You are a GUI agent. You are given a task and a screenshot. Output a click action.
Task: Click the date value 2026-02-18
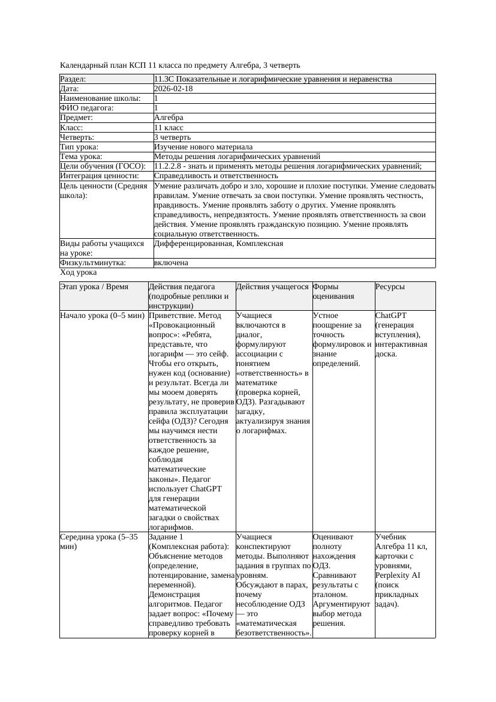(x=173, y=89)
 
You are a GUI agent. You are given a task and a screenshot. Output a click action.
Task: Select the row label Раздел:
(x=73, y=79)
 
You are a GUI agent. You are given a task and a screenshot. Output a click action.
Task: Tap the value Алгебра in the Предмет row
(x=169, y=118)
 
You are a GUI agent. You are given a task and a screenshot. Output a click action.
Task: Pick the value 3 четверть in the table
(x=172, y=137)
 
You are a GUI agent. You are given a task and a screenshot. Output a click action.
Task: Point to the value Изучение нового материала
(x=203, y=147)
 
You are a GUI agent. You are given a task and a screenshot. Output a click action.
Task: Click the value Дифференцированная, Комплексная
(x=218, y=244)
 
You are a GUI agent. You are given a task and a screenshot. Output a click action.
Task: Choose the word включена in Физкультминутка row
(x=171, y=263)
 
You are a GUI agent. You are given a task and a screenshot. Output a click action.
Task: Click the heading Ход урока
(x=79, y=272)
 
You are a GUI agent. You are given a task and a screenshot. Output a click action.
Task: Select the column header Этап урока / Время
(x=94, y=287)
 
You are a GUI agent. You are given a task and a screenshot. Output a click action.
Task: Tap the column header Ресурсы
(x=390, y=287)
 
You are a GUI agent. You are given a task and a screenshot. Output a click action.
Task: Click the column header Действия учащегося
(x=272, y=287)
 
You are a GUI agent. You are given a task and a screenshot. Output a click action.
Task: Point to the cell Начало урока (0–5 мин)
(x=102, y=316)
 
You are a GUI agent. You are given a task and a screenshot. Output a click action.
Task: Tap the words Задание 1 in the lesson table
(x=166, y=537)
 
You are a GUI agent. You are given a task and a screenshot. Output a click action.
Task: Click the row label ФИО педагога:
(x=87, y=108)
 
